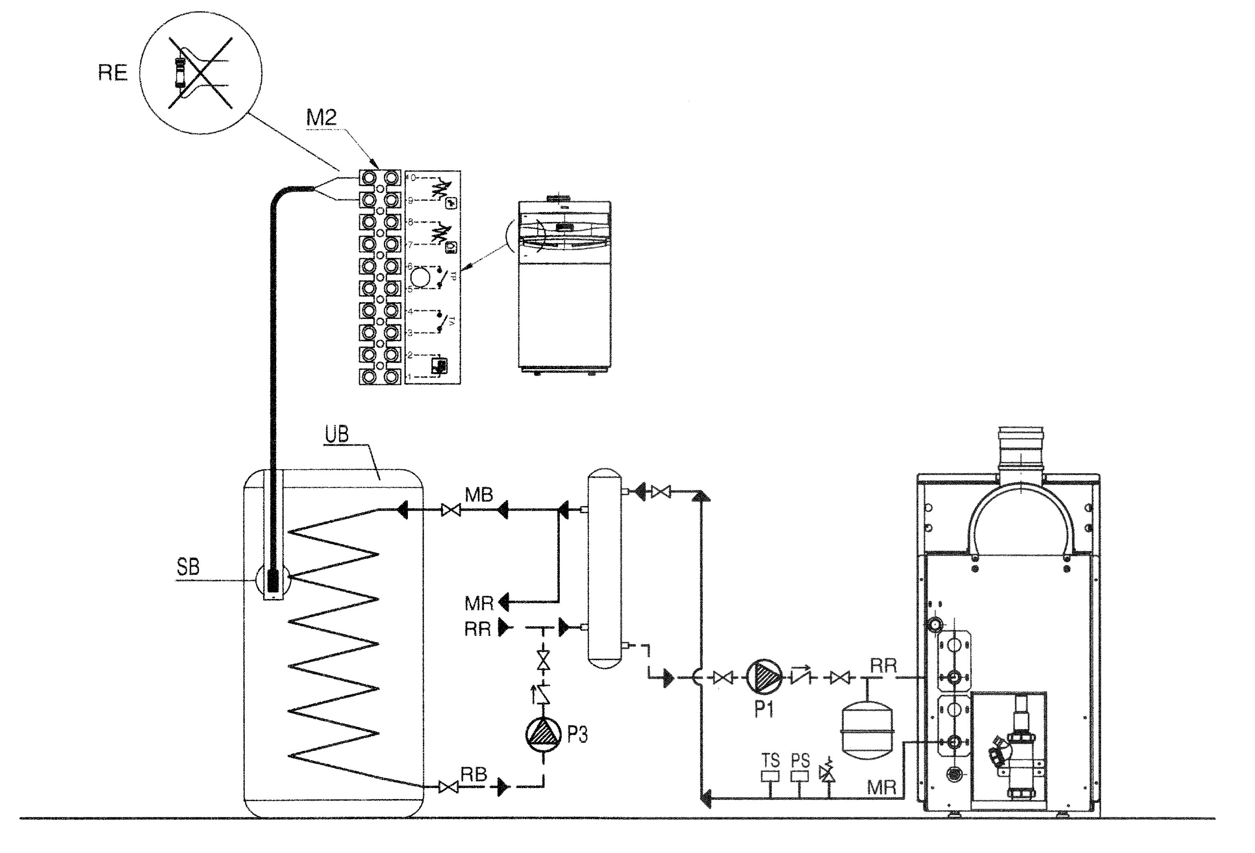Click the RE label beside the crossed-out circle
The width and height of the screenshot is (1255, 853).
click(113, 72)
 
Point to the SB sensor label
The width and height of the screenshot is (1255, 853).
click(188, 567)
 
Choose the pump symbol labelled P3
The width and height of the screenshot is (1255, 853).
click(543, 734)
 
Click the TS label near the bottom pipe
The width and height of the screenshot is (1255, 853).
click(771, 761)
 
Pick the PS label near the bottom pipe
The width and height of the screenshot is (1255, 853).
click(800, 761)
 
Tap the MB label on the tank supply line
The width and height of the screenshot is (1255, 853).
click(479, 495)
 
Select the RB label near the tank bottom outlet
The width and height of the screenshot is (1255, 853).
click(474, 775)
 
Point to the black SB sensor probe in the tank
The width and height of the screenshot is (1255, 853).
click(273, 578)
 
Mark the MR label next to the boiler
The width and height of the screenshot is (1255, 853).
click(881, 788)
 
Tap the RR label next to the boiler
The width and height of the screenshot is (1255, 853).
click(884, 666)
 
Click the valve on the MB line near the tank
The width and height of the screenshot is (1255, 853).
click(451, 509)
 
